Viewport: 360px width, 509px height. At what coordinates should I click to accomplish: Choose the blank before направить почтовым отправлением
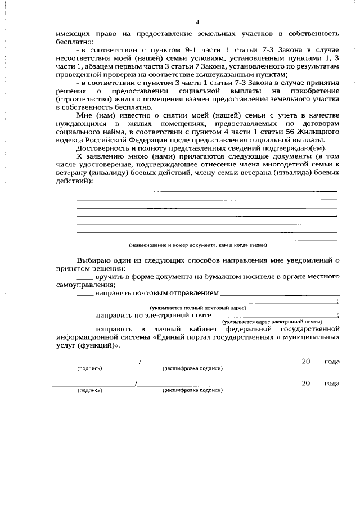coord(84,294)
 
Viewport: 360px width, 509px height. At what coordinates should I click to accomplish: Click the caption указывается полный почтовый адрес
coord(197,308)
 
